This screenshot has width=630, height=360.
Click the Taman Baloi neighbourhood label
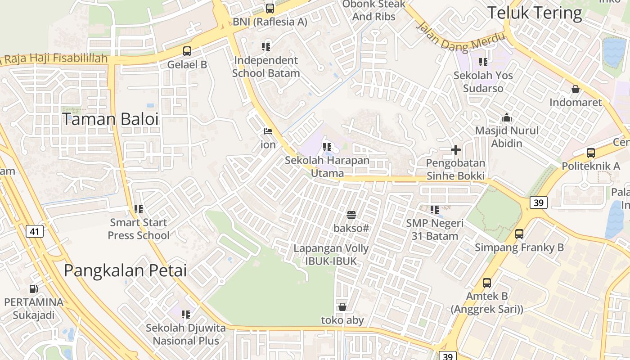coord(110,120)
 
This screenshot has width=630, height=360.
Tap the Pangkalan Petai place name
coord(125,270)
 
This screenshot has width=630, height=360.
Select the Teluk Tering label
coord(535,13)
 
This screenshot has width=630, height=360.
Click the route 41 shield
coord(35,232)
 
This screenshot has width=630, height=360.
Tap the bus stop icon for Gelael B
coord(187,51)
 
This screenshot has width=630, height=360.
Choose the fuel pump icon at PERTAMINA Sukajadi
coord(34,289)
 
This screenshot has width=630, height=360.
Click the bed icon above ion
coord(268,131)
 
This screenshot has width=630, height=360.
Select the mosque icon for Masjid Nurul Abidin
coord(507,118)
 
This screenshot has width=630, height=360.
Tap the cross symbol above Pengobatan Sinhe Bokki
coord(456,150)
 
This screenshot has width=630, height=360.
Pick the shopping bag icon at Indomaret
coord(575,89)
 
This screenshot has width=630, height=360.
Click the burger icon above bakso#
coord(351,215)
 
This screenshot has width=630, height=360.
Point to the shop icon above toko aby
coord(342,307)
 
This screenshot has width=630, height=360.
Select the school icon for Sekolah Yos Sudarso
coord(483,62)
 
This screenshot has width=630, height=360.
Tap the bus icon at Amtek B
coord(487,283)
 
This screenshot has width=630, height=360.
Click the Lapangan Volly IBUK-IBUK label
coord(331,255)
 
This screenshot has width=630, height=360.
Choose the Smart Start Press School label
coord(139,229)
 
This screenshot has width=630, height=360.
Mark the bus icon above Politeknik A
coord(591,153)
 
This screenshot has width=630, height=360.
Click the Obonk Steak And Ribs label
coord(374,10)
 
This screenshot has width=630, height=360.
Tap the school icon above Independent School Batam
coord(266,46)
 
